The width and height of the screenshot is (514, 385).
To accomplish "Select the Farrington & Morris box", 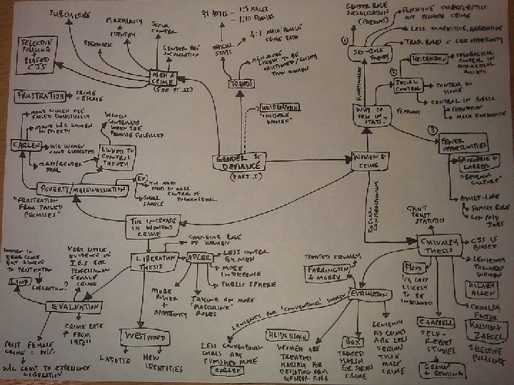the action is [x=327, y=274].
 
